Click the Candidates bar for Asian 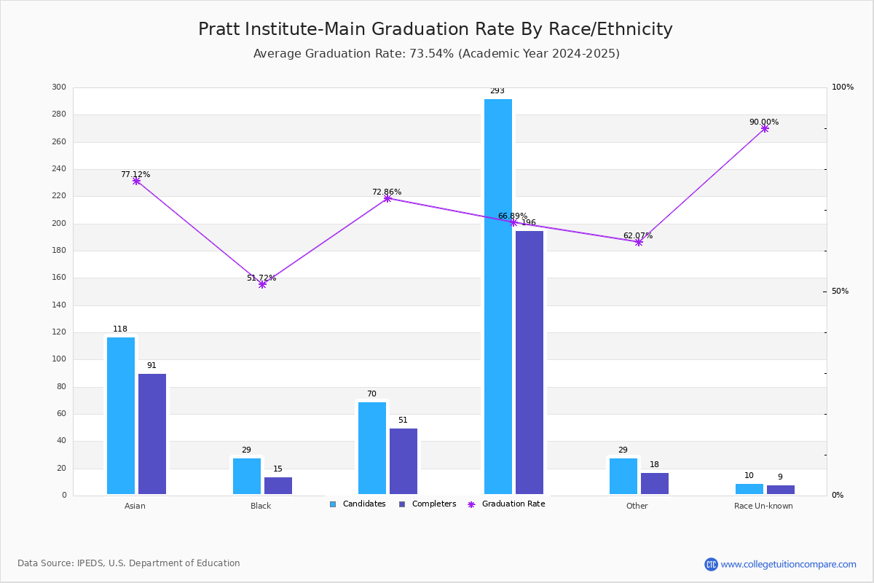(x=121, y=415)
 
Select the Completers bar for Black (x=278, y=485)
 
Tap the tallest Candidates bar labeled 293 (x=498, y=297)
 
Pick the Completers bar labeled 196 (x=529, y=362)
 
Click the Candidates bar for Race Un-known (x=749, y=489)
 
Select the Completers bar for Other (x=655, y=483)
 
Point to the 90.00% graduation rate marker (x=765, y=129)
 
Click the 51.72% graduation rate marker (x=262, y=285)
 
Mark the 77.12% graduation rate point (x=136, y=181)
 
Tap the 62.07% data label (x=638, y=235)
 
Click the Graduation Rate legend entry (x=506, y=504)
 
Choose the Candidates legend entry (x=358, y=504)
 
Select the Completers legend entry (x=428, y=504)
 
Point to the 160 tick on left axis (x=59, y=278)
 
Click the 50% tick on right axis (x=840, y=291)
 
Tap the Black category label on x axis (x=261, y=506)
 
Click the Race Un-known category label (x=763, y=506)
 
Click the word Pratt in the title (x=219, y=29)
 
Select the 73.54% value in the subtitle (x=431, y=53)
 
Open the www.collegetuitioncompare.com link (x=788, y=564)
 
